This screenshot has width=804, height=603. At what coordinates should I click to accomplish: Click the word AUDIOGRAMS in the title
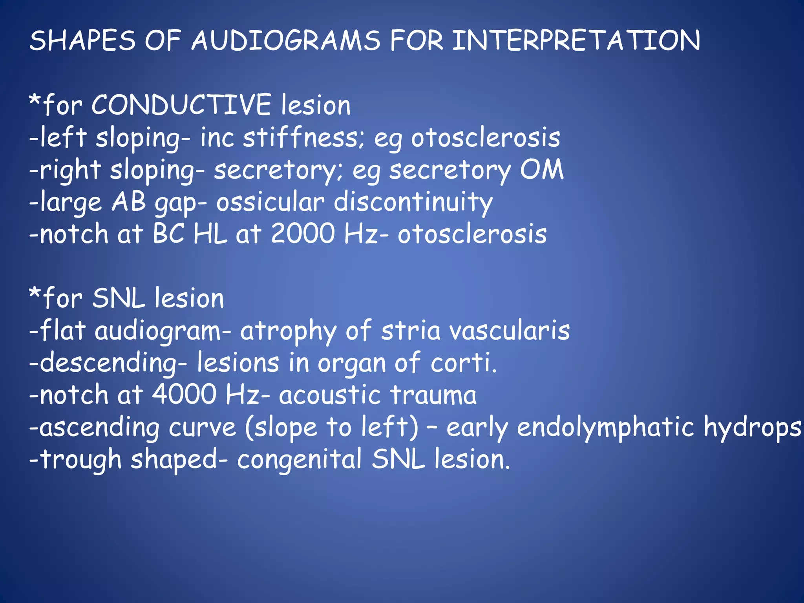286,40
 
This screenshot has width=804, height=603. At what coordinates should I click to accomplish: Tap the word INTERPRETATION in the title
576,40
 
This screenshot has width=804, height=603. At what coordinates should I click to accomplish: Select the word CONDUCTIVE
181,105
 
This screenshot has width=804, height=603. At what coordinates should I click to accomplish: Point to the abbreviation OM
542,170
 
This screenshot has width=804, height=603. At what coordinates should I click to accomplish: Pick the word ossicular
270,202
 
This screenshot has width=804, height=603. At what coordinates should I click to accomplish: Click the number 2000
303,234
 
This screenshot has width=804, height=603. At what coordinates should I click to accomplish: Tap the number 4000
184,395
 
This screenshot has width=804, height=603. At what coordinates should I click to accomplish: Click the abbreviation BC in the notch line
168,234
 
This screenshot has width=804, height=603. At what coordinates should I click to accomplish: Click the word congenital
299,459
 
